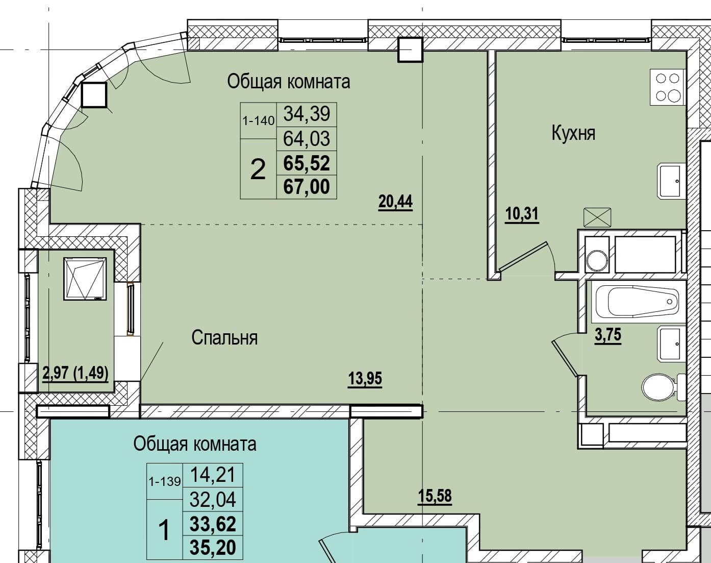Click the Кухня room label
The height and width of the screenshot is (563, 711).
(x=574, y=134)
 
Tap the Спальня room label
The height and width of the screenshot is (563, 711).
(x=224, y=338)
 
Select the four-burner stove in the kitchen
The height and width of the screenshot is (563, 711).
(x=667, y=87)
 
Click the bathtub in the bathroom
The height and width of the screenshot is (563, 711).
(x=638, y=302)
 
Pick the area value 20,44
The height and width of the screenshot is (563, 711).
(x=395, y=202)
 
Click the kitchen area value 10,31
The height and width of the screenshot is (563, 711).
(x=522, y=214)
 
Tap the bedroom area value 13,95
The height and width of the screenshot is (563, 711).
(x=365, y=378)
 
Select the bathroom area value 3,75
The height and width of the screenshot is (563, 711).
(x=608, y=335)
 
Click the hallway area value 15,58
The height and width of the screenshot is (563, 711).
(x=435, y=496)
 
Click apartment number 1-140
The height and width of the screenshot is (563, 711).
(x=259, y=120)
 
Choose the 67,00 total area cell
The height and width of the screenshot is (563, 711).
(x=307, y=187)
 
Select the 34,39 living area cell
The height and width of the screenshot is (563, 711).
(x=307, y=114)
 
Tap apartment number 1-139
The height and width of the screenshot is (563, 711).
(x=165, y=481)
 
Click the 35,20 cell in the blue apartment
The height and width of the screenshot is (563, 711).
(x=213, y=547)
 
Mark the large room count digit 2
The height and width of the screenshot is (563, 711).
(x=258, y=169)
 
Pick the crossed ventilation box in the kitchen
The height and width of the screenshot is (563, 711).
(x=597, y=217)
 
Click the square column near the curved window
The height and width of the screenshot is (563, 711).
(x=94, y=95)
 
